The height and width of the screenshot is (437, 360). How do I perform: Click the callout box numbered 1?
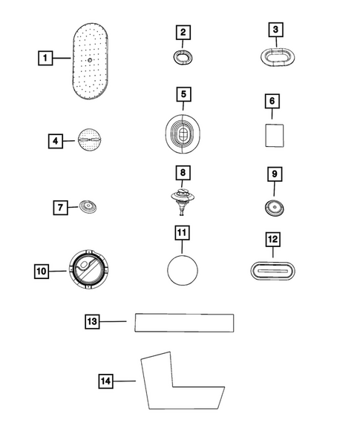click(x=45, y=58)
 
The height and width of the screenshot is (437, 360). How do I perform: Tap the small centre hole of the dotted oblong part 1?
click(x=90, y=59)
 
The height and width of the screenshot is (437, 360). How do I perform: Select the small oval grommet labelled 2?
click(x=183, y=57)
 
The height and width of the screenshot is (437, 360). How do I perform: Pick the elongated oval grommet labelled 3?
click(x=278, y=57)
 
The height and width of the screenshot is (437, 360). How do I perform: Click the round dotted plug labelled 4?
click(x=90, y=139)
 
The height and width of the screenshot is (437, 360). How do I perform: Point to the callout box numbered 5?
click(x=183, y=94)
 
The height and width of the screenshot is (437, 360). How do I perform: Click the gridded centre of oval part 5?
click(x=183, y=135)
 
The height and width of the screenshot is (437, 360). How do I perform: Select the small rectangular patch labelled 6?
click(x=275, y=136)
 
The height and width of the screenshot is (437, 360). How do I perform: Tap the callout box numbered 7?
click(x=61, y=208)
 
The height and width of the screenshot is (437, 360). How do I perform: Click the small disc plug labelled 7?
click(x=88, y=206)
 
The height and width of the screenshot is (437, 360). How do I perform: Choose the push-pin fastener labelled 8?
click(x=183, y=201)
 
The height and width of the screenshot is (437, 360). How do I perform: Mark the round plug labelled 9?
click(x=274, y=208)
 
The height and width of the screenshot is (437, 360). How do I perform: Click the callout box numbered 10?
click(x=42, y=271)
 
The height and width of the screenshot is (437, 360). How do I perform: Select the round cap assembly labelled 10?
click(x=88, y=269)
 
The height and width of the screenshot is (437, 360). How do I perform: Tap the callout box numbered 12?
click(x=273, y=240)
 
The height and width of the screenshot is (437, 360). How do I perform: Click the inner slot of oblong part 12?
click(x=272, y=271)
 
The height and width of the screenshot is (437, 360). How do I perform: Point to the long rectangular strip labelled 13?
click(x=184, y=323)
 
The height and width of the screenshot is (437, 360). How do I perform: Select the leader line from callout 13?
click(x=114, y=321)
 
